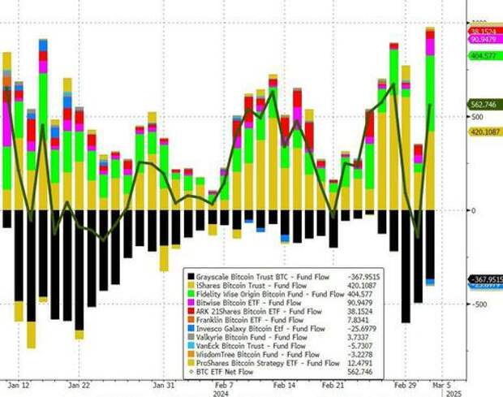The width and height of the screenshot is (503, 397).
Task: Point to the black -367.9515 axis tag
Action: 484,278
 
